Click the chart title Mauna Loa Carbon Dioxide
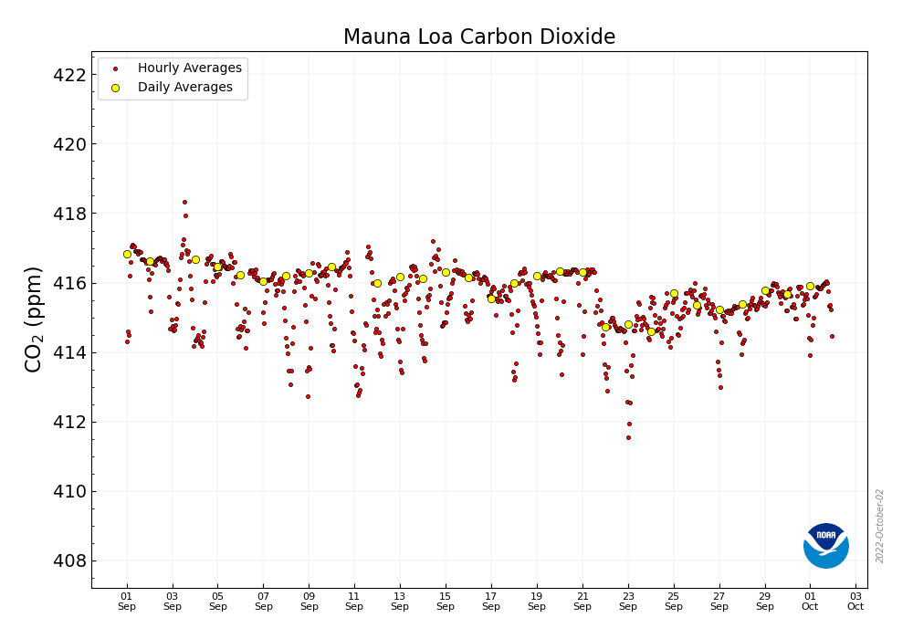point(479,37)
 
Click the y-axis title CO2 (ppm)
point(34,319)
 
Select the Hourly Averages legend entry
point(189,68)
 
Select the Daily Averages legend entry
point(184,88)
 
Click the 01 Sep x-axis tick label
point(127,601)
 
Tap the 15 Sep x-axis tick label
point(446,601)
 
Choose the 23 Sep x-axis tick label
point(628,601)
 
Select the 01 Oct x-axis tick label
point(810,601)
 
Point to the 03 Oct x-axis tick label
point(855,601)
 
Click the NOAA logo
point(826,546)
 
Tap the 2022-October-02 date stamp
point(880,526)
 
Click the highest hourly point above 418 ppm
point(184,202)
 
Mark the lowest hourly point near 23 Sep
point(628,437)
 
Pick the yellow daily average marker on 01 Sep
point(127,254)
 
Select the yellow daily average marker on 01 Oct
point(810,286)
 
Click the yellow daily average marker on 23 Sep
point(628,324)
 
